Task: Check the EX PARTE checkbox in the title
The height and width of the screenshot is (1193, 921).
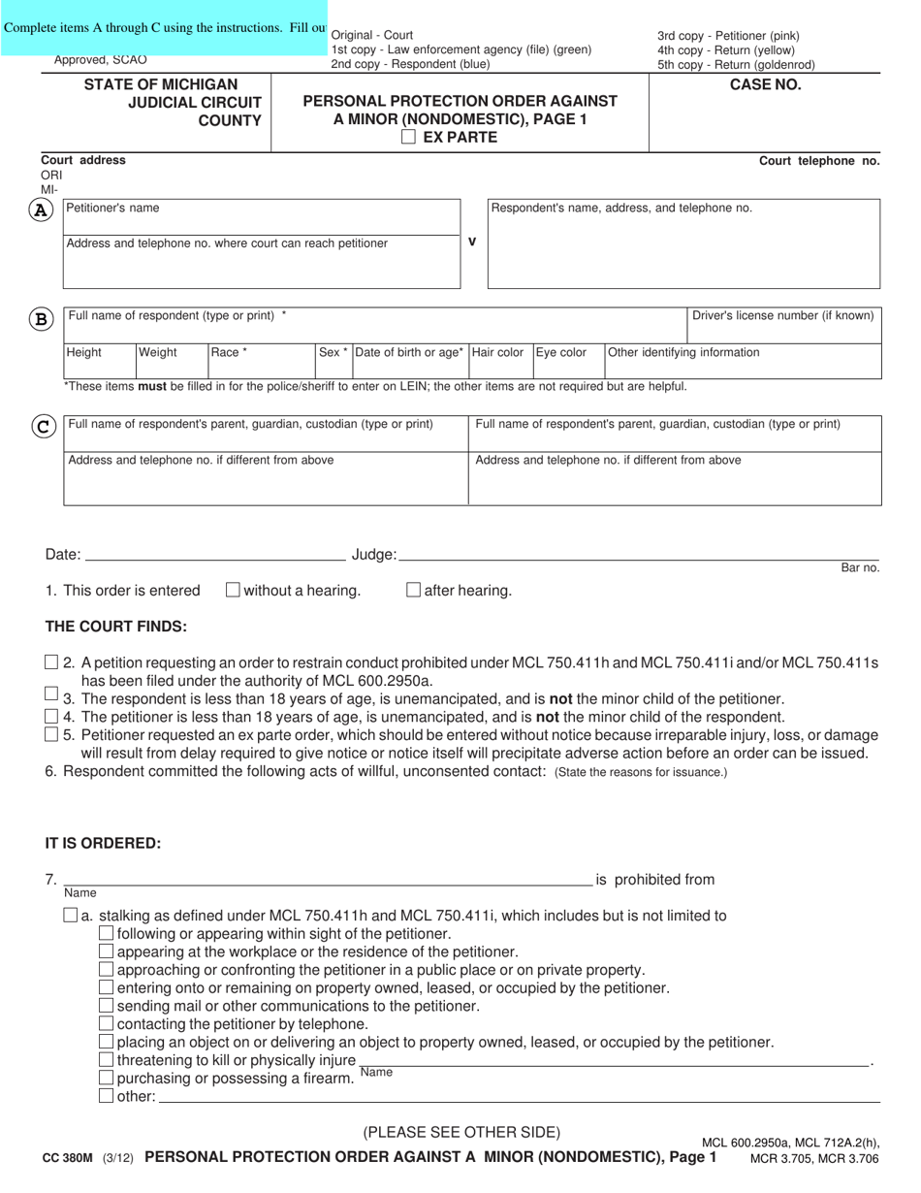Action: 408,138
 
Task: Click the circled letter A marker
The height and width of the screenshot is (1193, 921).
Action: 42,210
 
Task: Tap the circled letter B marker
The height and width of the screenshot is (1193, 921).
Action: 42,319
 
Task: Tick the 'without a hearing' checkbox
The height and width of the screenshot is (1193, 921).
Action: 233,590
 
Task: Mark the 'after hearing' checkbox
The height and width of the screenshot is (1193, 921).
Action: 414,590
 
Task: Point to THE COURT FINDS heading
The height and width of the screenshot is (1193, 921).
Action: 116,627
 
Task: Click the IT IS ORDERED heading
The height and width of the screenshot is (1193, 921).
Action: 103,843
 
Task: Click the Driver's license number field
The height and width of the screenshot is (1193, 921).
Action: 783,330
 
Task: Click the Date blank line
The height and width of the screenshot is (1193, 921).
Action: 215,554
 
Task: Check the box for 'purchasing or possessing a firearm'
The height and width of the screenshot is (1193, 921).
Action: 107,1079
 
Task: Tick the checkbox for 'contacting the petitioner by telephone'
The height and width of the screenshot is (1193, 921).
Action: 107,1024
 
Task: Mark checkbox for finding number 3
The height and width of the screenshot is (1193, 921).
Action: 51,694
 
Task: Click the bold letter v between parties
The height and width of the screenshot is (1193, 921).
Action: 472,242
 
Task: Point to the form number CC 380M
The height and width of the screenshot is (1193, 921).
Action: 70,1157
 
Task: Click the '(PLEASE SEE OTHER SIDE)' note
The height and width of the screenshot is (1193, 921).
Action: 461,1132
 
